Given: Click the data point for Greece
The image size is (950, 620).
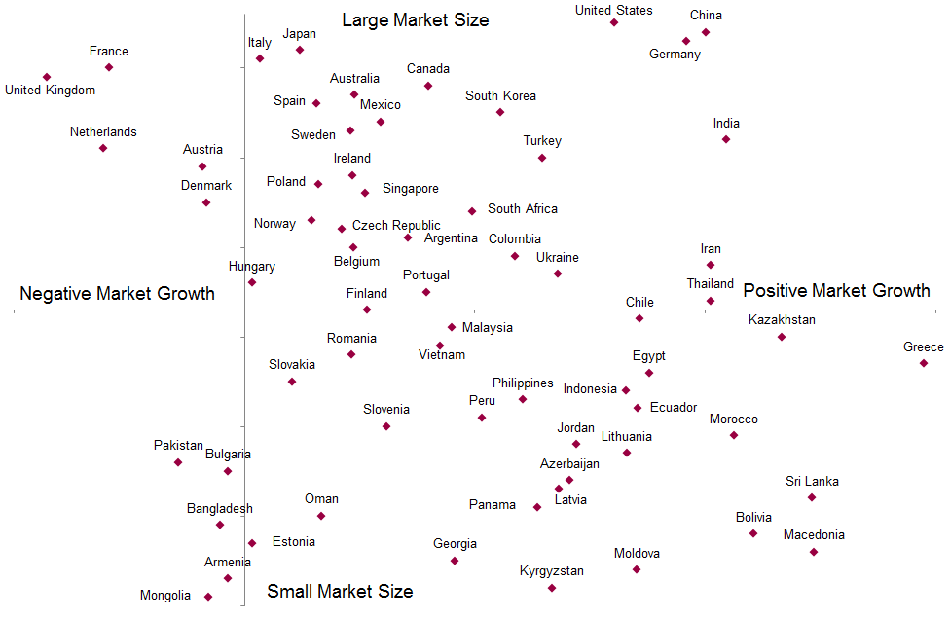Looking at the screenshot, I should click(924, 363).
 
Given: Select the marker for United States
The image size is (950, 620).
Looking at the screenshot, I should click(614, 22).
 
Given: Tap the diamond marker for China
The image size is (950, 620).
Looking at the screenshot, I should click(706, 32).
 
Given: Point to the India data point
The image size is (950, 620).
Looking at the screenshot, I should click(726, 139).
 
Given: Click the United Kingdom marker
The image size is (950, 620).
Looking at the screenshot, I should click(47, 77).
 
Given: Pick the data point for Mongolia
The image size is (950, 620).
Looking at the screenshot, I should click(208, 597).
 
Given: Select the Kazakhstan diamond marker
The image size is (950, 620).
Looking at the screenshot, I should click(782, 337).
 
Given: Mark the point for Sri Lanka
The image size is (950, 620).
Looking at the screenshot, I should click(812, 497).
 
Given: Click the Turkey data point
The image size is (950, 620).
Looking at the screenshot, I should click(542, 158).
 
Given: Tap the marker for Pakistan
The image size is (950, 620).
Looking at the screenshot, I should click(178, 462).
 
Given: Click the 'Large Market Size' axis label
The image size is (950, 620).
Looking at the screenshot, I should click(416, 19).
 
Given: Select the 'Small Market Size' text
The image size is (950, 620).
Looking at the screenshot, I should click(340, 591).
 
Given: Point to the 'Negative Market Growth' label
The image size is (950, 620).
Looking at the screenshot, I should click(118, 293).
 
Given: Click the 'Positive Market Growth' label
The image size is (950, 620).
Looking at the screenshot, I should click(836, 290).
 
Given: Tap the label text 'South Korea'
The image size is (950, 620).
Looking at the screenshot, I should click(500, 96).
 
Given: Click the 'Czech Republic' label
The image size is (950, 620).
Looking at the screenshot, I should click(396, 225).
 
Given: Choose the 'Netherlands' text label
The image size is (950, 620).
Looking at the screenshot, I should click(103, 131).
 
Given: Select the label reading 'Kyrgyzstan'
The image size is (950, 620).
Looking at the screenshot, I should click(552, 570).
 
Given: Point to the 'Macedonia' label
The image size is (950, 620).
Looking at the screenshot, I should click(814, 534).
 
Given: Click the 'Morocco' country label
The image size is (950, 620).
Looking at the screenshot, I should click(734, 419).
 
